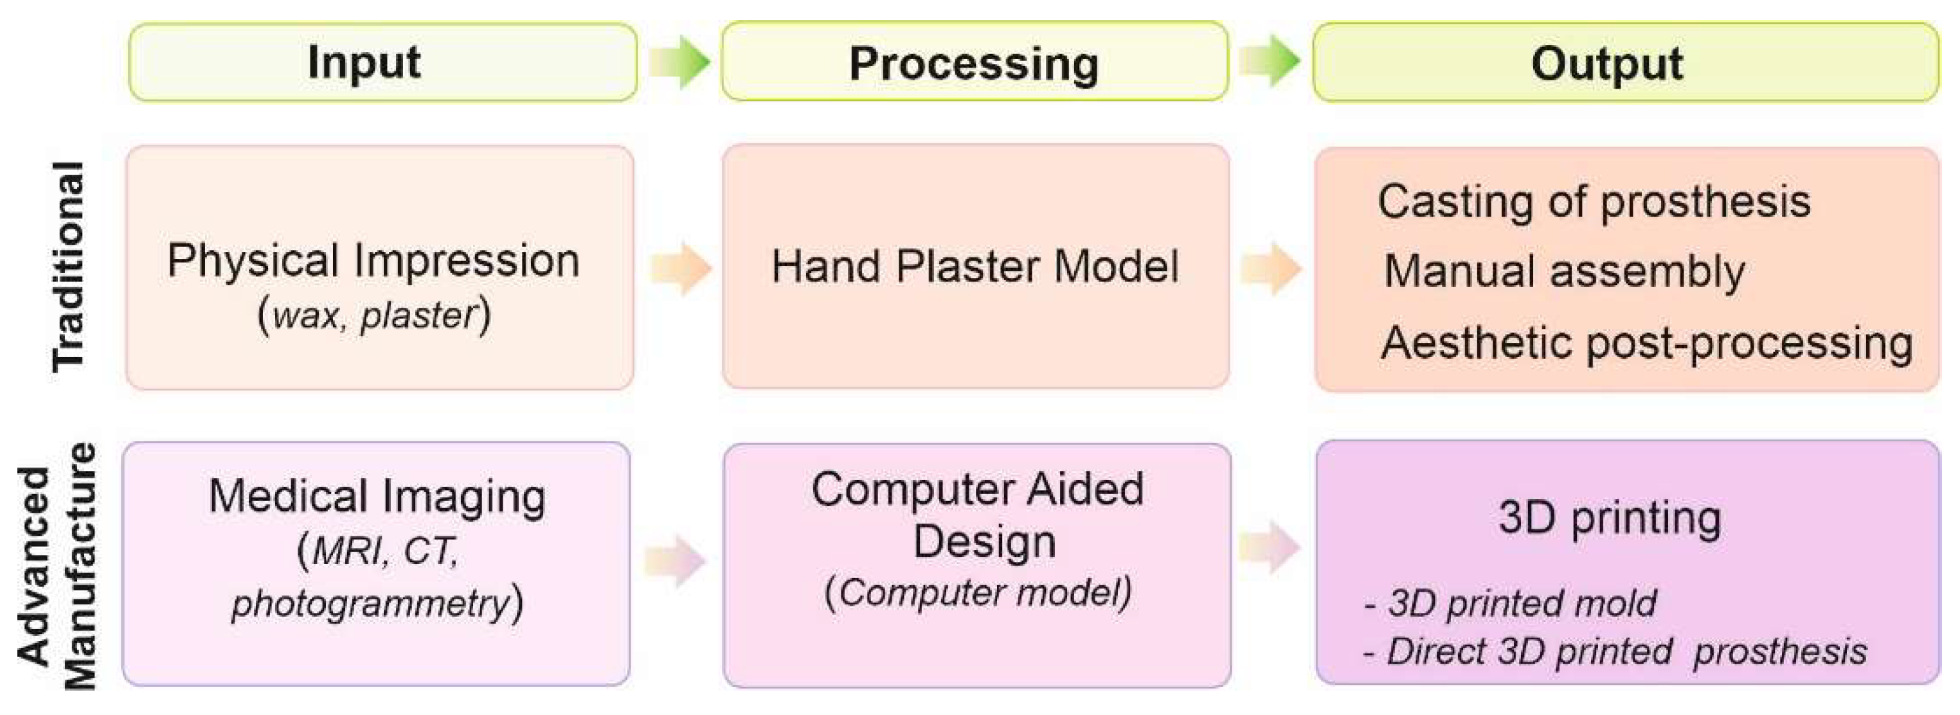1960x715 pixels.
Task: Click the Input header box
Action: tap(382, 62)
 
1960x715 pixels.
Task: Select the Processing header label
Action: tap(973, 64)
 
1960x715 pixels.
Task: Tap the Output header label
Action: tap(1607, 64)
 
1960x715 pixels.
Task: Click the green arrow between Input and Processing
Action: tap(679, 62)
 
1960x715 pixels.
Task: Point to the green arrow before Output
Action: tap(1270, 61)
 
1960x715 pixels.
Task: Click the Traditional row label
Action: tap(69, 266)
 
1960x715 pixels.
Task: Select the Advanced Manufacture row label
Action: tap(58, 567)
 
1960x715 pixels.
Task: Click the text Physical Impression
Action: tap(373, 261)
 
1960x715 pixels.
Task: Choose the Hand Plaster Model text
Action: tap(975, 267)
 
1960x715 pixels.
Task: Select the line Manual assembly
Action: tap(1563, 272)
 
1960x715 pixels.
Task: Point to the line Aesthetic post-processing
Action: tap(1646, 343)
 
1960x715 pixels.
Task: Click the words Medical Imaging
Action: tap(377, 497)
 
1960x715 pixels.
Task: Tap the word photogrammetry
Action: tap(370, 604)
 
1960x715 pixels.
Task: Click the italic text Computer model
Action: tap(978, 592)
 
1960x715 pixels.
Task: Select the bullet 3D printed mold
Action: tap(1510, 604)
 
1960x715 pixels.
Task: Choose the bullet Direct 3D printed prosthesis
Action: tap(1615, 652)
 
